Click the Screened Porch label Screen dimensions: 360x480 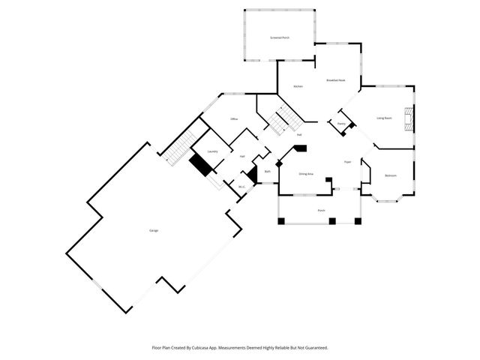280,37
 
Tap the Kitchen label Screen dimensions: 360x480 298,87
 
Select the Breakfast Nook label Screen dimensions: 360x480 335,80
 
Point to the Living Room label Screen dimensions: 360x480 385,118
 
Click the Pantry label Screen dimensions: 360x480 341,124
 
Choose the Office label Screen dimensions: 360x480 234,119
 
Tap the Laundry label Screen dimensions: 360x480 213,151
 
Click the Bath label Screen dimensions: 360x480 268,172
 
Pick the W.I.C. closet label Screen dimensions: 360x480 242,187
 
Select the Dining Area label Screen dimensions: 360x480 306,174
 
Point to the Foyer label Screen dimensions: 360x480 348,162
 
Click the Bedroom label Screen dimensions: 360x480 391,175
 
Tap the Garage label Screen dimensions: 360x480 154,230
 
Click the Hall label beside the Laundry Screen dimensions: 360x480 242,156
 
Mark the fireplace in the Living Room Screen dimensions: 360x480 409,119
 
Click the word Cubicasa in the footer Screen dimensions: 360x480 196,348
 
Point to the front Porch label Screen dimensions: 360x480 321,211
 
